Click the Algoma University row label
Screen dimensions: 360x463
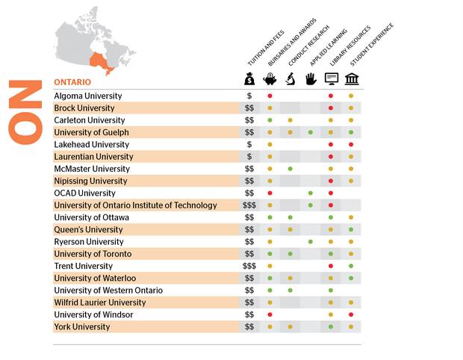tap(87, 96)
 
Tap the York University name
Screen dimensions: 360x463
tap(81, 326)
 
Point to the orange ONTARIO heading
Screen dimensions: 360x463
tap(72, 81)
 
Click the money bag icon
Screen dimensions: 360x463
tap(249, 79)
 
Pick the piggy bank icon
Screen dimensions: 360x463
tap(270, 79)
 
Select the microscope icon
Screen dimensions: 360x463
tap(290, 79)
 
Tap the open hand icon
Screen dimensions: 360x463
tap(311, 79)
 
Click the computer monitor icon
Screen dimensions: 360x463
tap(331, 79)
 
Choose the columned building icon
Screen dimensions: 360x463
tap(351, 79)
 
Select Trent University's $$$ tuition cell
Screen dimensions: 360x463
tap(249, 266)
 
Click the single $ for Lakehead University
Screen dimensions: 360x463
tap(249, 144)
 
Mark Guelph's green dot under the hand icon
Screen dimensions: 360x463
tap(311, 132)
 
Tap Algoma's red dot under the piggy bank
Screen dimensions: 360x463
tap(270, 96)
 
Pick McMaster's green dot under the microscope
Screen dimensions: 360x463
tap(290, 169)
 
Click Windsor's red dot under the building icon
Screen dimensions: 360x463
tap(351, 314)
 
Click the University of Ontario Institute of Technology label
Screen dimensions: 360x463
tap(135, 205)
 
